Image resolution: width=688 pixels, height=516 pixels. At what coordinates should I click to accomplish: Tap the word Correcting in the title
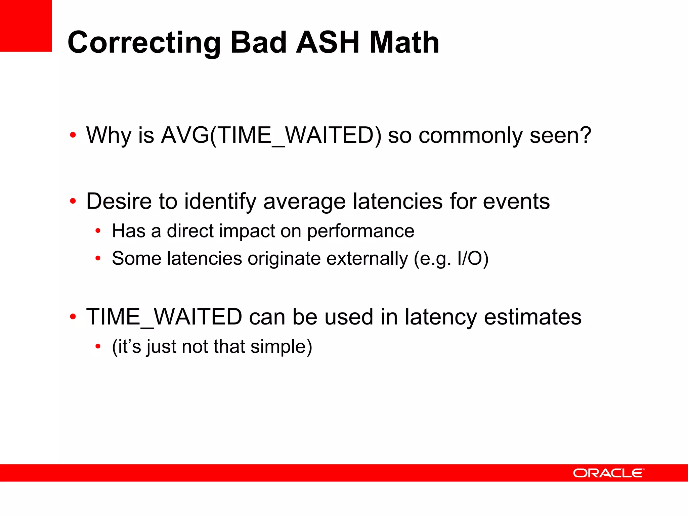(144, 43)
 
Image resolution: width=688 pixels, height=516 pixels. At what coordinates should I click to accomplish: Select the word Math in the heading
(404, 42)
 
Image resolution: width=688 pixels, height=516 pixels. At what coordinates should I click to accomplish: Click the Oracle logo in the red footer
(608, 473)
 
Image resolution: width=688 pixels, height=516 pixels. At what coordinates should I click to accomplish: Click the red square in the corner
(26, 26)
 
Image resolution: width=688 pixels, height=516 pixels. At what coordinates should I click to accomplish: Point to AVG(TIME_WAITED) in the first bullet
(271, 136)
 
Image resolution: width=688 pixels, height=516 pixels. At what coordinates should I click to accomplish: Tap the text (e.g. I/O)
(451, 259)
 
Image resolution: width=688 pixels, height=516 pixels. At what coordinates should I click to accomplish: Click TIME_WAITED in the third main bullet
(164, 317)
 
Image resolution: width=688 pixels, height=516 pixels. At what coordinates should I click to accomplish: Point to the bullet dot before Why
(73, 135)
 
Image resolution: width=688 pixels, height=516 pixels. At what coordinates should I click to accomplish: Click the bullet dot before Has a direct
(98, 231)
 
